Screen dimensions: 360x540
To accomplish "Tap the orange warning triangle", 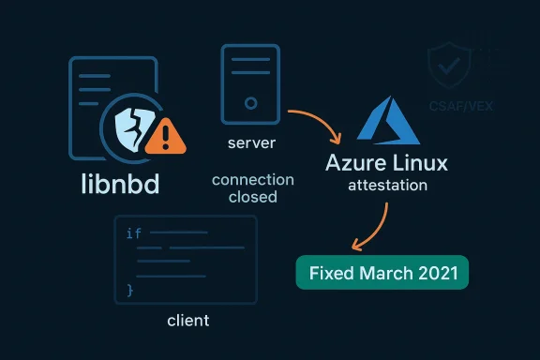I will tap(166, 138).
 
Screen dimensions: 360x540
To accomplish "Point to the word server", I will tap(251, 145).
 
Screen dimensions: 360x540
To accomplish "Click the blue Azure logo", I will tap(386, 117).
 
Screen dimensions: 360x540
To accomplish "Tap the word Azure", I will tap(357, 162).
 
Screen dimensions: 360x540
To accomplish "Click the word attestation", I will tap(387, 186).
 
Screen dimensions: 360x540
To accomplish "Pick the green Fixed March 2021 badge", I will tap(382, 273).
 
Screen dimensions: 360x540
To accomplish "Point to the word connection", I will tap(252, 179).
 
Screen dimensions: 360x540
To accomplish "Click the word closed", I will tap(252, 197).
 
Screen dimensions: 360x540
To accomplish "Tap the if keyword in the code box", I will tap(133, 233).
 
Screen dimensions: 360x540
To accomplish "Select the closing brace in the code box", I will tap(130, 292).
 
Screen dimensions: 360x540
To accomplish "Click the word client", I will tap(187, 321).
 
